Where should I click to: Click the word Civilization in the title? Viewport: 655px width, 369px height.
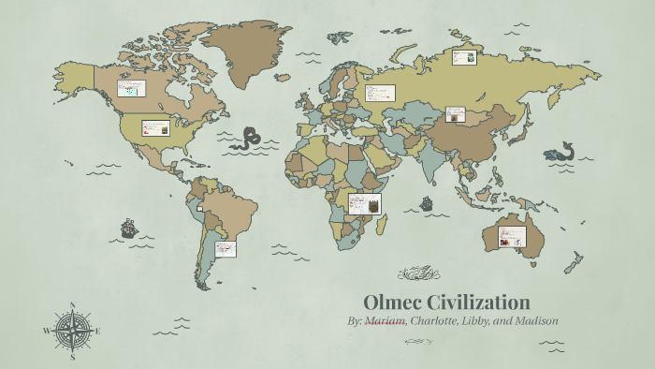pyautogui.click(x=478, y=303)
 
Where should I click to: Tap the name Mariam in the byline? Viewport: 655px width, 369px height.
pyautogui.click(x=385, y=321)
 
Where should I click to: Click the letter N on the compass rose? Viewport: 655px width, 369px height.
pyautogui.click(x=73, y=305)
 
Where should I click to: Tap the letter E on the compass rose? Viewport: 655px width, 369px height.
pyautogui.click(x=97, y=331)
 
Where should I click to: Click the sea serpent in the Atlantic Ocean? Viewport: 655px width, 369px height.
pyautogui.click(x=250, y=139)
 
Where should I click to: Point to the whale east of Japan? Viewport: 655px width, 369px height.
pyautogui.click(x=561, y=151)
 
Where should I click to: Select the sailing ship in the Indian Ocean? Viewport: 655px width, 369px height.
pyautogui.click(x=427, y=202)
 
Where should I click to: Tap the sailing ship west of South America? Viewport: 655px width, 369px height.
pyautogui.click(x=129, y=228)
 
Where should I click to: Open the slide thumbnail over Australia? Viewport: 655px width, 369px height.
pyautogui.click(x=511, y=237)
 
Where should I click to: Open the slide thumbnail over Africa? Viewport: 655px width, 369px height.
pyautogui.click(x=364, y=203)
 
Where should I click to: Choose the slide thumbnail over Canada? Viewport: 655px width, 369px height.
pyautogui.click(x=130, y=89)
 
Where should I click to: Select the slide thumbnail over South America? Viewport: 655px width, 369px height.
pyautogui.click(x=225, y=248)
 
